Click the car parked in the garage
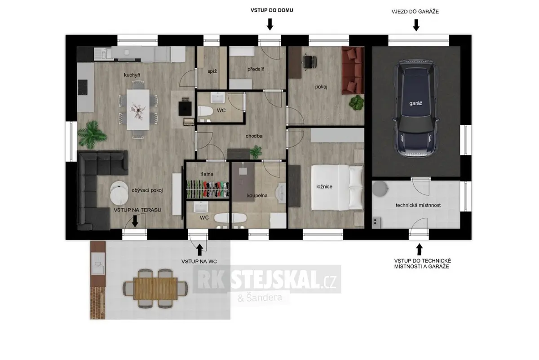point(415,109)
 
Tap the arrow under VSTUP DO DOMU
point(270,24)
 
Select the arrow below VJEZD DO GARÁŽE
point(416,25)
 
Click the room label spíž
point(212,71)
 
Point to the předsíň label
point(256,69)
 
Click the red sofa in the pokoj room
point(353,70)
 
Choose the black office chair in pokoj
point(309,62)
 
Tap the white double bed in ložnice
point(337,187)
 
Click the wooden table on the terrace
point(156,288)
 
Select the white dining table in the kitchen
point(138,110)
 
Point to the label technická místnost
point(418,205)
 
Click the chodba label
point(254,136)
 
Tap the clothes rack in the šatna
point(208,189)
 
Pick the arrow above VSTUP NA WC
point(200,250)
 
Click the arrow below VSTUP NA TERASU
point(135,221)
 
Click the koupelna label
point(257,196)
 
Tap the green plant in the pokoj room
point(357,103)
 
